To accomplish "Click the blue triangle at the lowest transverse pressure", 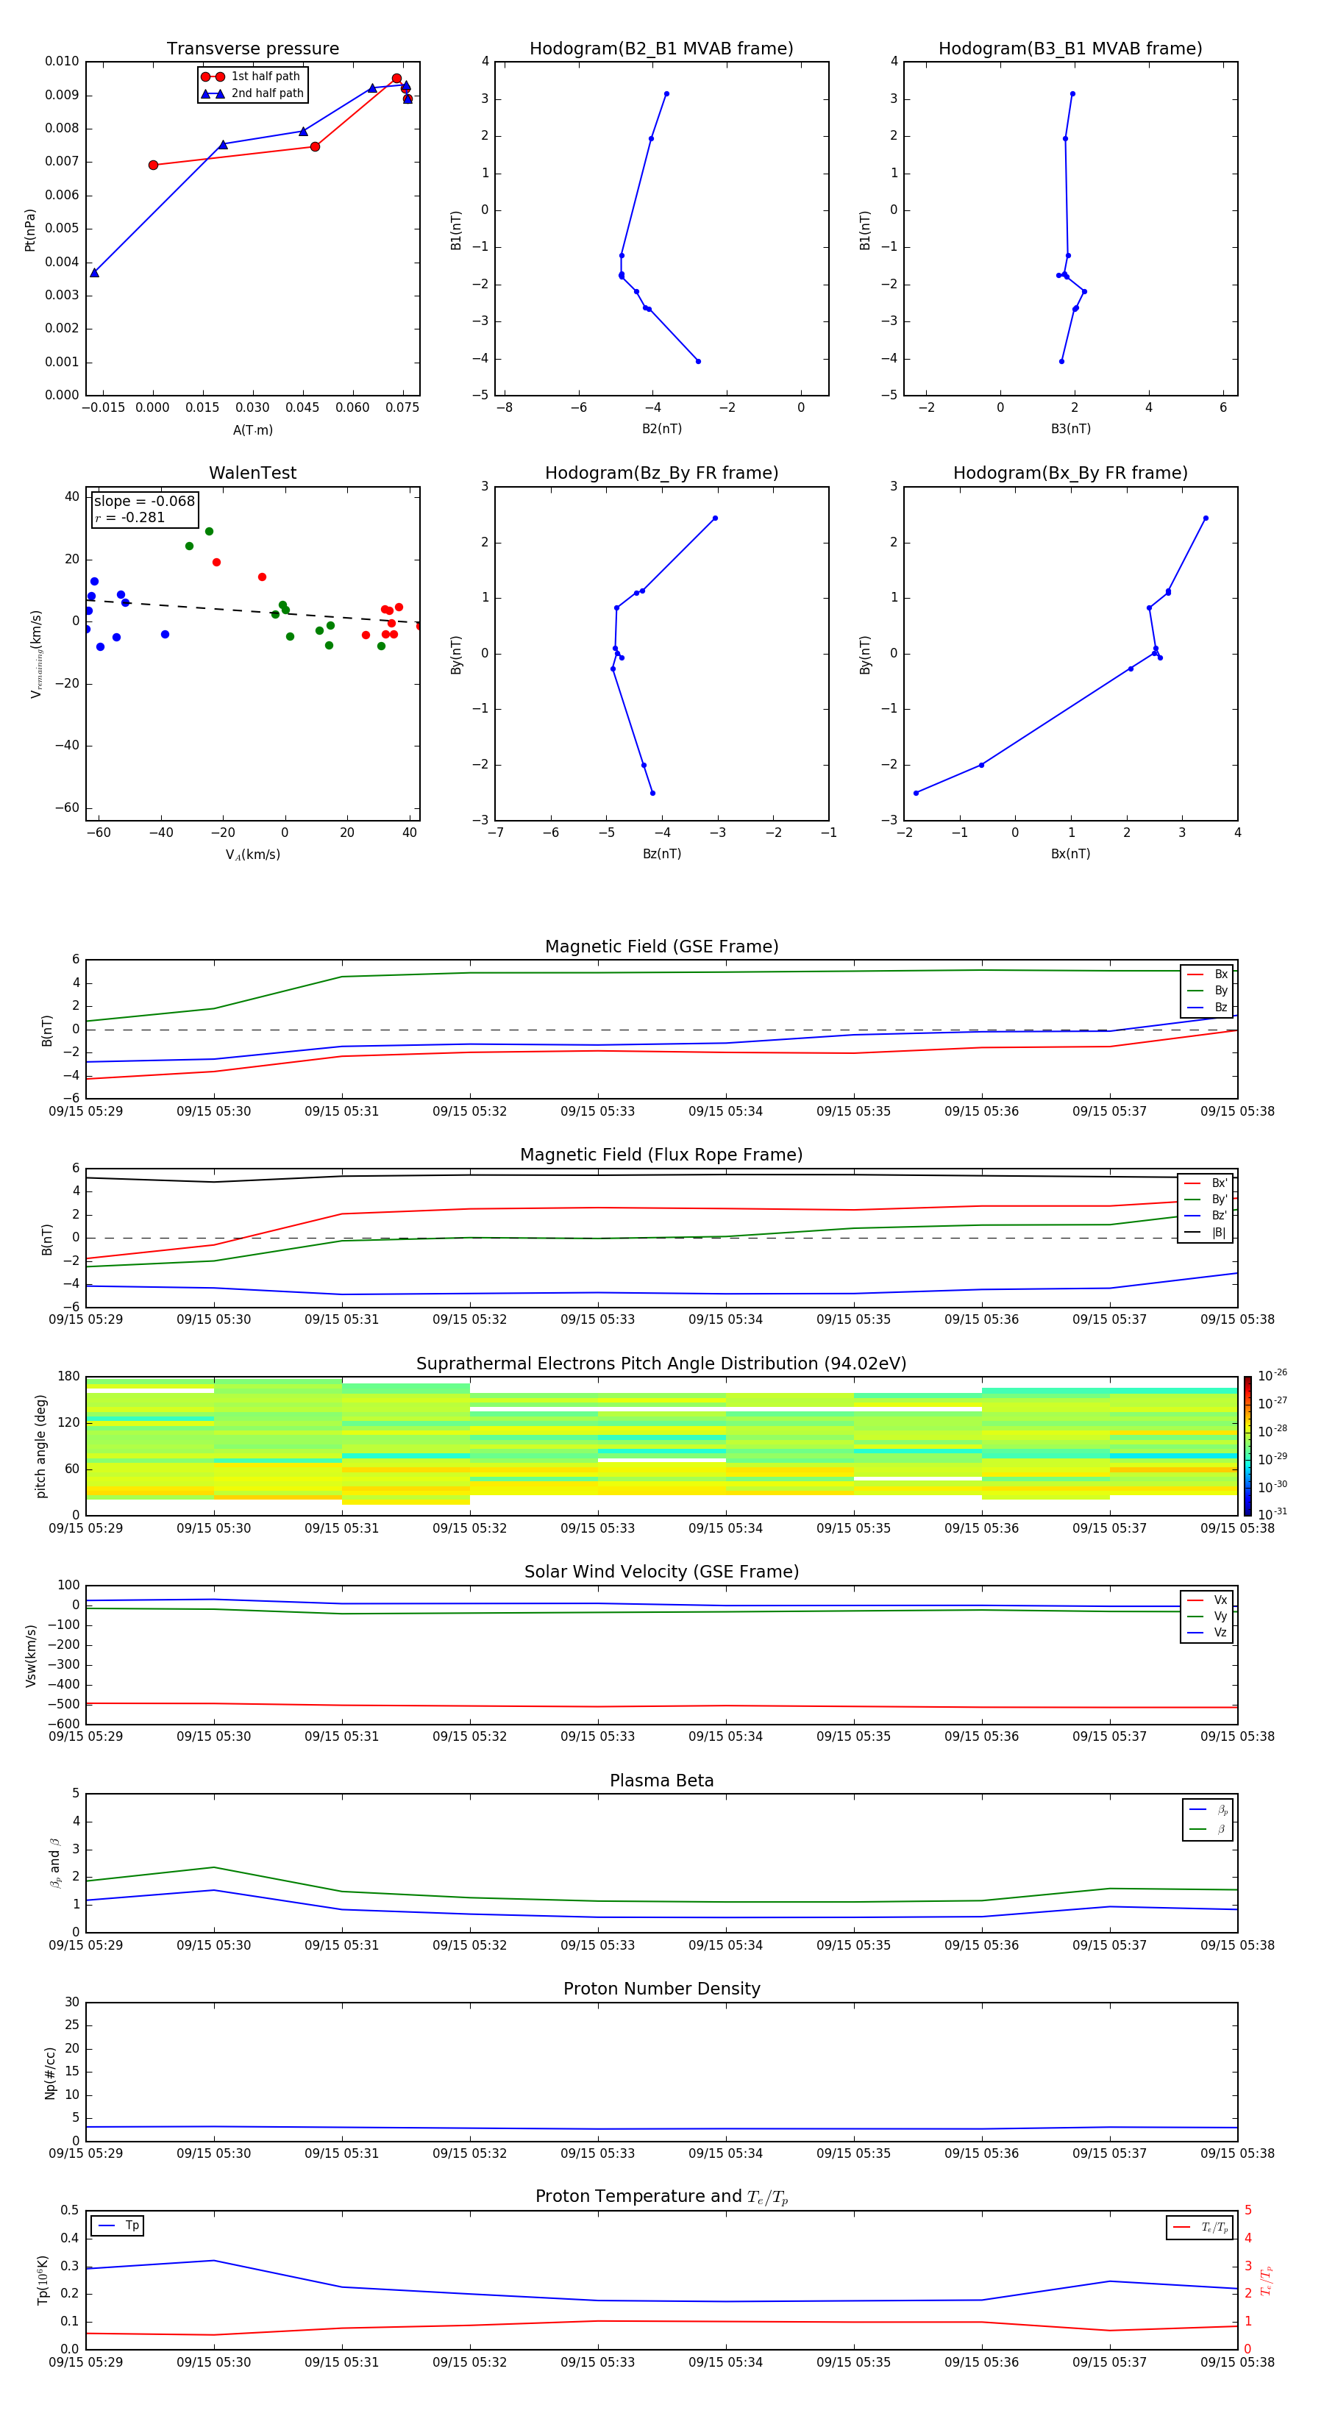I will [x=94, y=272].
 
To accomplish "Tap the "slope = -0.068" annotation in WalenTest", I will [x=144, y=502].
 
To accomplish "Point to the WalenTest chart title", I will [x=252, y=473].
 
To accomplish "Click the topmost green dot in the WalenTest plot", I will [x=209, y=532].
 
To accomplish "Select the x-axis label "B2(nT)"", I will [x=661, y=429].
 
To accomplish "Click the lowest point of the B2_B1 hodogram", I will [x=698, y=361].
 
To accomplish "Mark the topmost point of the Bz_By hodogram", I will [x=715, y=518].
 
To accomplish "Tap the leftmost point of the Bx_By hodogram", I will [x=916, y=794].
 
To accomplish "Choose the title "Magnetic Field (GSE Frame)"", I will [x=661, y=947].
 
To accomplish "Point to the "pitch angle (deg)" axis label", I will [x=41, y=1445].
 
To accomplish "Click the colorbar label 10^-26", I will [x=1273, y=1375].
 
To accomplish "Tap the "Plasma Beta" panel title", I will [x=661, y=1781].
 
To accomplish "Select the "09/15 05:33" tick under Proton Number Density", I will [x=597, y=2153].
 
